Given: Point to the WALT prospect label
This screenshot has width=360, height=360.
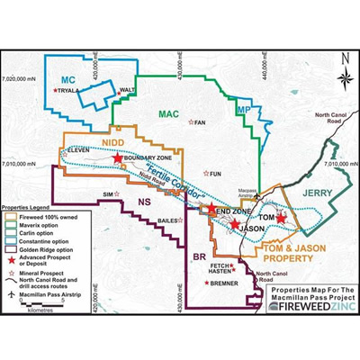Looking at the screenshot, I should [128, 90].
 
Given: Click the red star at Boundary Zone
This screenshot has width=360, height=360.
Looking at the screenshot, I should [118, 157].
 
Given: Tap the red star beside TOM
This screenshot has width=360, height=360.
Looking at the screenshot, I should [281, 217].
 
